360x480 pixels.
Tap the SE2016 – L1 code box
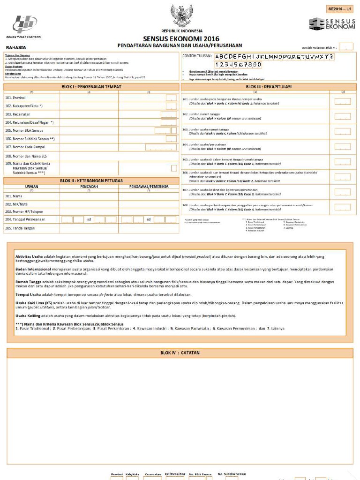(340, 9)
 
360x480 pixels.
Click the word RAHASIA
(16, 47)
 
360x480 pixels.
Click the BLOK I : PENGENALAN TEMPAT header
(91, 87)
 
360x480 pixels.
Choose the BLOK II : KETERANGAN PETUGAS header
(91, 180)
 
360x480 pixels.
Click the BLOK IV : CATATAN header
(180, 352)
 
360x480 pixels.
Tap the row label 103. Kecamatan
(16, 114)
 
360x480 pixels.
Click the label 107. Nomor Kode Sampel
(23, 147)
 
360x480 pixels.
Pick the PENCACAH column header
(89, 186)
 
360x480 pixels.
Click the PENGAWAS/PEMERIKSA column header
(149, 186)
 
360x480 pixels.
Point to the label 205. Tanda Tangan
(18, 228)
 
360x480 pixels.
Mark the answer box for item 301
(343, 101)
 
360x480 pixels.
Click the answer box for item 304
(343, 146)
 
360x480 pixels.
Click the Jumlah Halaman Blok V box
(346, 47)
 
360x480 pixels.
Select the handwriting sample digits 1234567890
(238, 64)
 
